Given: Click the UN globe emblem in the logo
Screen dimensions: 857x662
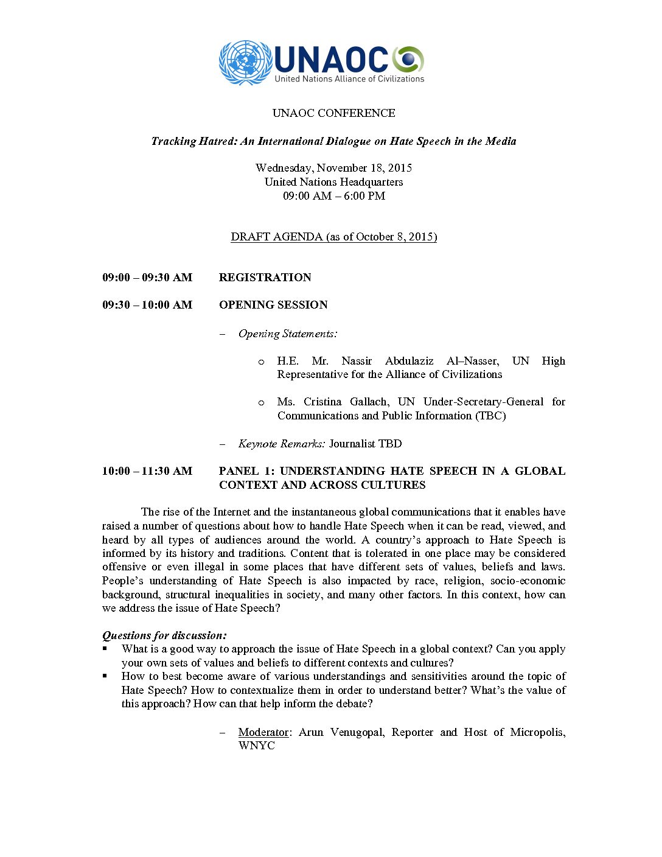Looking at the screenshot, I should click(x=245, y=62).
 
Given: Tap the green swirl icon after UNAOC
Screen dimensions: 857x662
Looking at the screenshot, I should click(x=408, y=59).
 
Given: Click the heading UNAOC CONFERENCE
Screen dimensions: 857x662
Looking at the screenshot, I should click(x=333, y=113).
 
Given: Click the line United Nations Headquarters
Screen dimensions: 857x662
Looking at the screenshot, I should click(x=333, y=182).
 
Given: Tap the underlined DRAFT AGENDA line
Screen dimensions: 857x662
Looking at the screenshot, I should click(x=333, y=237).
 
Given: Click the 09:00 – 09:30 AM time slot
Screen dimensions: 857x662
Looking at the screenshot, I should click(x=147, y=278).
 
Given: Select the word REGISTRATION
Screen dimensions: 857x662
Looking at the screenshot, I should click(x=265, y=278).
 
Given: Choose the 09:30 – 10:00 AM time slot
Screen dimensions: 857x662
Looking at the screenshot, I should click(x=147, y=305).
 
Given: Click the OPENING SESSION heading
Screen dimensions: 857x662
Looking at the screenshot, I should click(x=273, y=305).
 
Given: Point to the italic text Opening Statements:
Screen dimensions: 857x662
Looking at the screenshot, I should click(x=288, y=334).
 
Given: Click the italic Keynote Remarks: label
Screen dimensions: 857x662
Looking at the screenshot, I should click(x=281, y=444).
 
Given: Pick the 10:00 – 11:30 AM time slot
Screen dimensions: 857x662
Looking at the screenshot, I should click(x=147, y=471).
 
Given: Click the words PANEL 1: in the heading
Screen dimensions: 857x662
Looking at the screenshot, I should click(x=246, y=471).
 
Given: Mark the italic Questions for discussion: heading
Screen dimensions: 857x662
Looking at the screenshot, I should click(x=164, y=635).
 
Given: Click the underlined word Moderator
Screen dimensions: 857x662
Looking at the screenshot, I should click(x=263, y=732).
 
